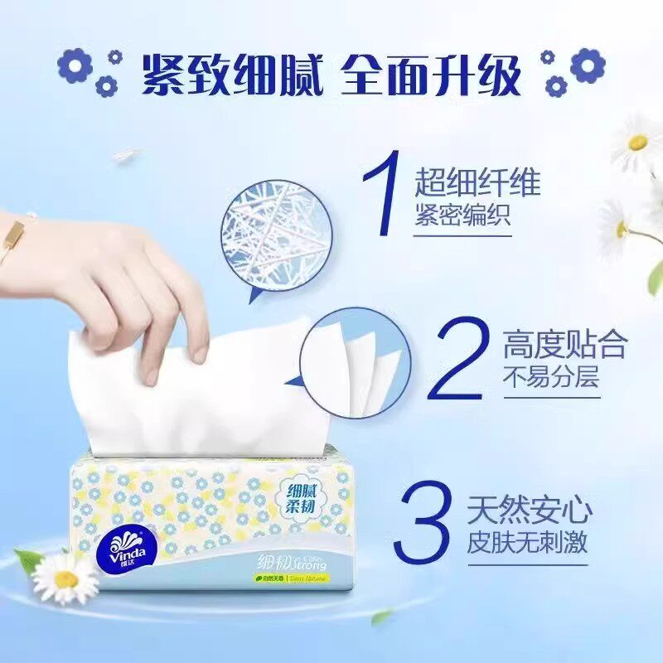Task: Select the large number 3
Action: coord(426,524)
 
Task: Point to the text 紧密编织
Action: coord(463,217)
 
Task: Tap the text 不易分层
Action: coord(550,379)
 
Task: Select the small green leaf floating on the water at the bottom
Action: coord(382,617)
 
